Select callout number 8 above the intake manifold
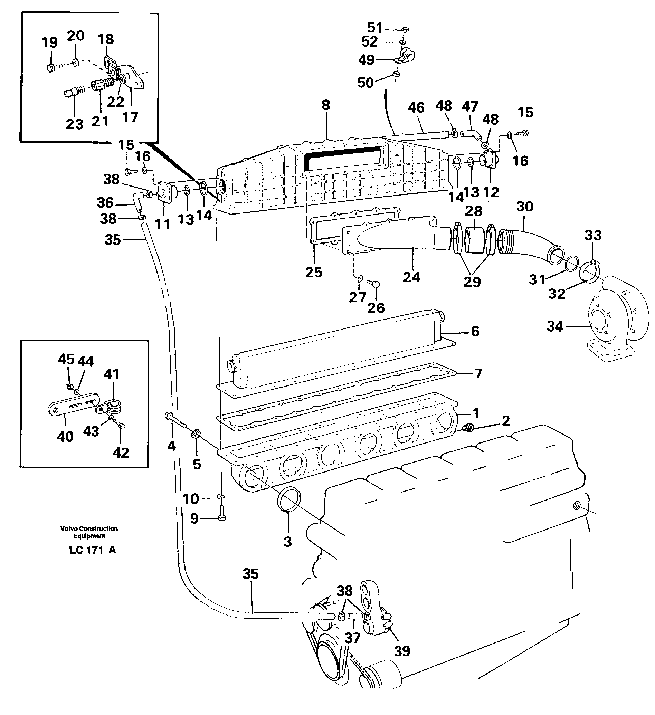pyautogui.click(x=325, y=105)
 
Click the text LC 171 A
pyautogui.click(x=93, y=550)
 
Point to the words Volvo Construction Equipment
pyautogui.click(x=89, y=532)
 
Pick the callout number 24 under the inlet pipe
pyautogui.click(x=411, y=277)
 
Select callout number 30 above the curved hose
pyautogui.click(x=524, y=207)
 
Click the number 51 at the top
pyautogui.click(x=375, y=28)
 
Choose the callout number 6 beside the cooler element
pyautogui.click(x=475, y=331)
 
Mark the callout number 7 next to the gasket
pyautogui.click(x=478, y=373)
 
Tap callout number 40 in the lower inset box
pyautogui.click(x=65, y=437)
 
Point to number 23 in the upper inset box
pyautogui.click(x=75, y=124)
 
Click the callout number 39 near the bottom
pyautogui.click(x=402, y=651)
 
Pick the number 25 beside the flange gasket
pyautogui.click(x=313, y=273)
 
